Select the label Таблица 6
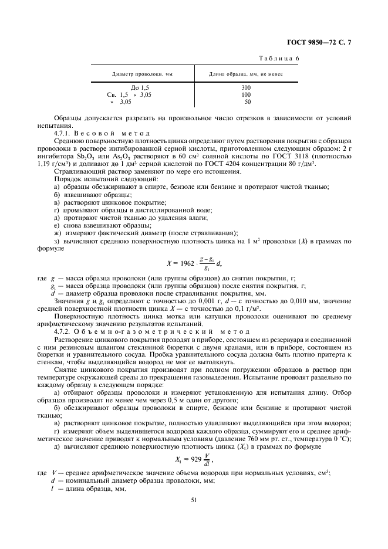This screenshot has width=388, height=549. (279, 59)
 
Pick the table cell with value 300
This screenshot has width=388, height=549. (246, 87)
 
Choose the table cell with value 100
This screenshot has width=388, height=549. (246, 94)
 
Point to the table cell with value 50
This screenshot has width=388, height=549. (247, 101)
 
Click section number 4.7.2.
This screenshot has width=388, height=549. (65, 331)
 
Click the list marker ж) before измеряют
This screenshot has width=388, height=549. (56, 233)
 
